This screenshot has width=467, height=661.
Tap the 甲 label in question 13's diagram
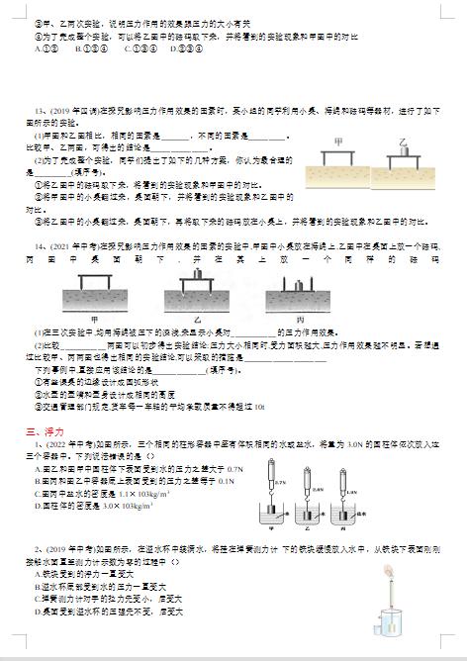tap(341, 142)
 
